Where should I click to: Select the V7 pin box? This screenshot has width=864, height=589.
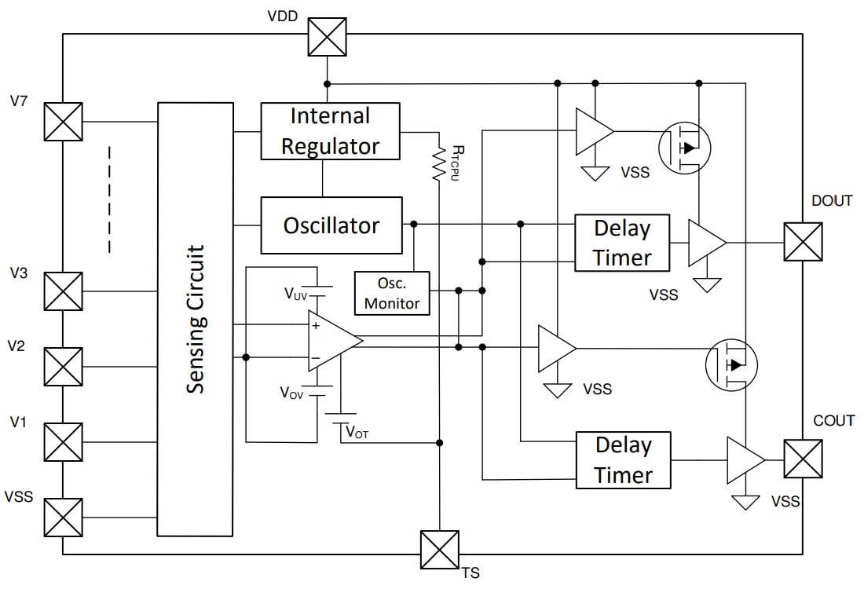pos(63,122)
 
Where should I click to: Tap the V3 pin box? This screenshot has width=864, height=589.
pos(63,291)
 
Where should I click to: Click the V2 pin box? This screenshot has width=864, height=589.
pos(63,367)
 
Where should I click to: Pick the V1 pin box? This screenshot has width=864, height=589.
pos(63,442)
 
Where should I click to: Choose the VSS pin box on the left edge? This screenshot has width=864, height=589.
pos(63,518)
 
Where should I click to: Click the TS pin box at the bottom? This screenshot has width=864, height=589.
pos(439,550)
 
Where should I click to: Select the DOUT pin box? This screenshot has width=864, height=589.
pos(803,242)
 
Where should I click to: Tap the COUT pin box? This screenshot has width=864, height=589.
pos(803,459)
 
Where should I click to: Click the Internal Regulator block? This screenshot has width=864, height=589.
pos(330,131)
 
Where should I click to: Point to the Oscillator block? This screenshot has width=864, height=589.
pos(331,225)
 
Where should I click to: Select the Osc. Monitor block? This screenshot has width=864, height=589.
pos(392,294)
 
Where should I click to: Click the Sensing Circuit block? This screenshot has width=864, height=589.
pos(195,319)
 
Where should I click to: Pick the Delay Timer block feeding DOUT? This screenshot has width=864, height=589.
pos(622,243)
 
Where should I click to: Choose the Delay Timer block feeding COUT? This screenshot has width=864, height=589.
pos(623,459)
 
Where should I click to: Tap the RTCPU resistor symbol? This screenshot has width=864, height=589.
pos(438,164)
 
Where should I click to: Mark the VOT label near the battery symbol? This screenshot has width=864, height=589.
pos(357,433)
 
